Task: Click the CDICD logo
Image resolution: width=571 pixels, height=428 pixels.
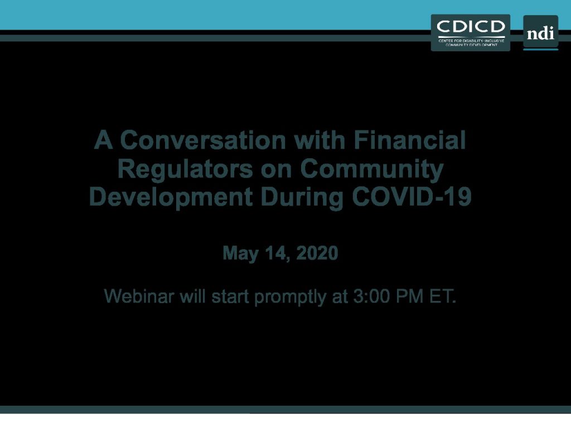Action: coord(470,33)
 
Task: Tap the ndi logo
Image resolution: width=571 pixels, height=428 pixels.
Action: coord(540,32)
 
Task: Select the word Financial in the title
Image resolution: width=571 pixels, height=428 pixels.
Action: coord(410,140)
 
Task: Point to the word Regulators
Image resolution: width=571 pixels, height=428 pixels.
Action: coord(185,169)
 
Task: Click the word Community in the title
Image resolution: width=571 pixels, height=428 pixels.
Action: coord(372,169)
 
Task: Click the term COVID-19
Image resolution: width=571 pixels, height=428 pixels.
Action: coord(412,197)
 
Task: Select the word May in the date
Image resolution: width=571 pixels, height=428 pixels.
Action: coord(240,254)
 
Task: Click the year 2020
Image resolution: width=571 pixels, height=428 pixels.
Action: coord(317,253)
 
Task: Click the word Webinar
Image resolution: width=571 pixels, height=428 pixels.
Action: coord(139,296)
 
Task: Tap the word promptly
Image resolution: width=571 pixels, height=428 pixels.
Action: coord(290,297)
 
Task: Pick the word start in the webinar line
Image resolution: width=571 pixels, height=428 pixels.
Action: coord(230,296)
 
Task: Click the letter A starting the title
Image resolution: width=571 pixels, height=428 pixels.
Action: coord(103,140)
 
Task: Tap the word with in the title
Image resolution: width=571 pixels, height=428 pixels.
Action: coord(320,140)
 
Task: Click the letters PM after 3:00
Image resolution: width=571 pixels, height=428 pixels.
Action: coord(410,296)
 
